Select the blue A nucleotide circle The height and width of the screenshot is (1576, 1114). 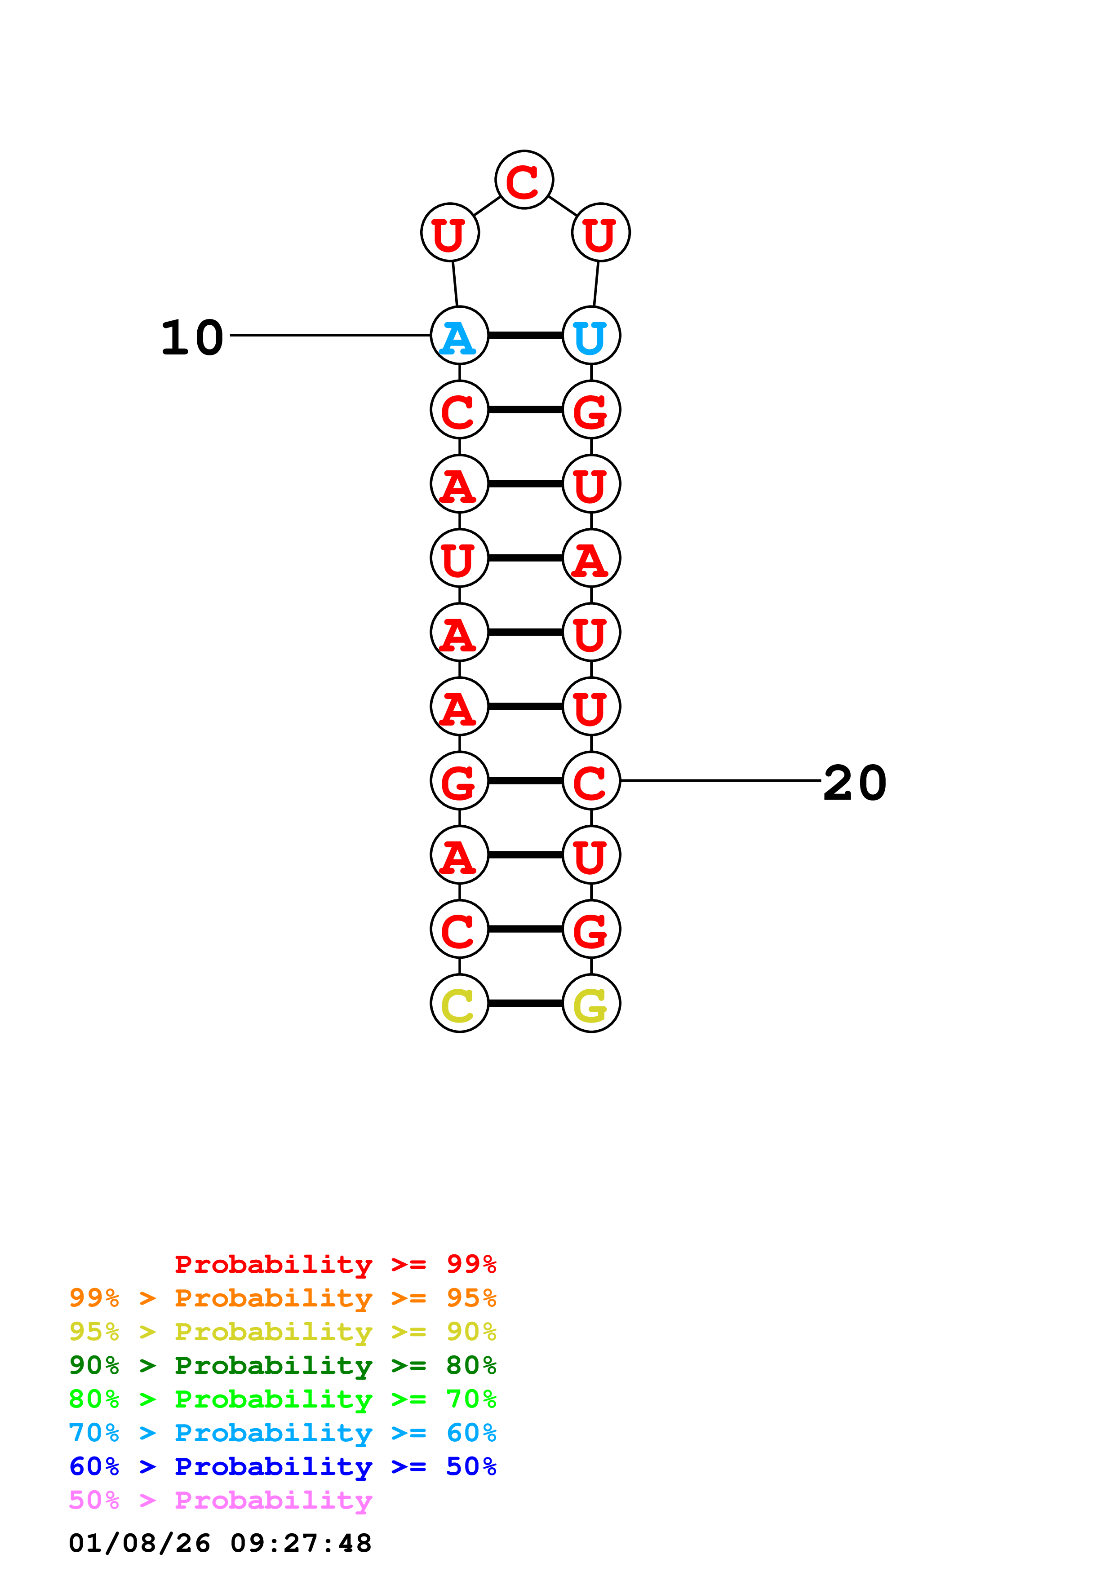pos(459,336)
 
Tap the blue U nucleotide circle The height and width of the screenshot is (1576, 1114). pos(591,336)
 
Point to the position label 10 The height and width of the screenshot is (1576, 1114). pos(192,338)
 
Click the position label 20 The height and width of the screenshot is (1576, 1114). pos(855,783)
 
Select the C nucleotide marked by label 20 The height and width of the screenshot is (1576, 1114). pos(591,780)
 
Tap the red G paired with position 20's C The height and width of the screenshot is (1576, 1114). pos(459,780)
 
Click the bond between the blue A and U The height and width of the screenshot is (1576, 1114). pos(525,336)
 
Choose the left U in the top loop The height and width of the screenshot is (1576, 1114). pos(449,233)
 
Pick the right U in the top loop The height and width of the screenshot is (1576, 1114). pos(600,233)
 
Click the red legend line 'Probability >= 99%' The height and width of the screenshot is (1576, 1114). pos(335,1264)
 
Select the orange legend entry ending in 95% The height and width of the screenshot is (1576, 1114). pos(282,1298)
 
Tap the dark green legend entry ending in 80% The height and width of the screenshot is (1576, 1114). pos(282,1365)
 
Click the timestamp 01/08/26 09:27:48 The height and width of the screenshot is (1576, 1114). pos(220,1543)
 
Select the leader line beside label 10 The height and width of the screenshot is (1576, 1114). pos(329,335)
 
